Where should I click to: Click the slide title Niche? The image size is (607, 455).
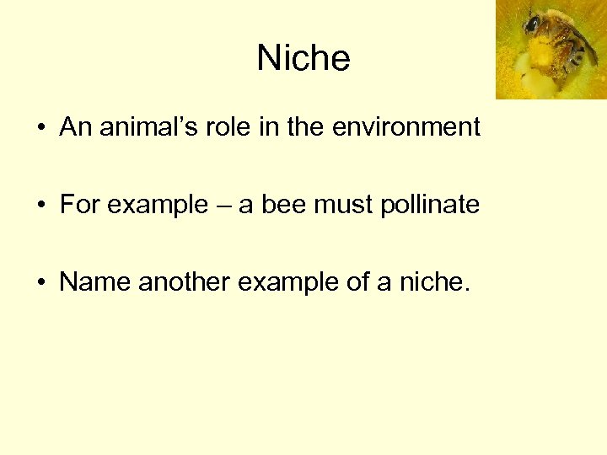(303, 58)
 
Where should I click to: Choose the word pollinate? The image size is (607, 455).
(430, 206)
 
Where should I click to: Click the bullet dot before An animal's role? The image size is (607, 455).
(40, 129)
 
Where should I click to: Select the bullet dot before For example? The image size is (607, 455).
(40, 206)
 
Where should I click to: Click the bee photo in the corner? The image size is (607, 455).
(551, 49)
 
